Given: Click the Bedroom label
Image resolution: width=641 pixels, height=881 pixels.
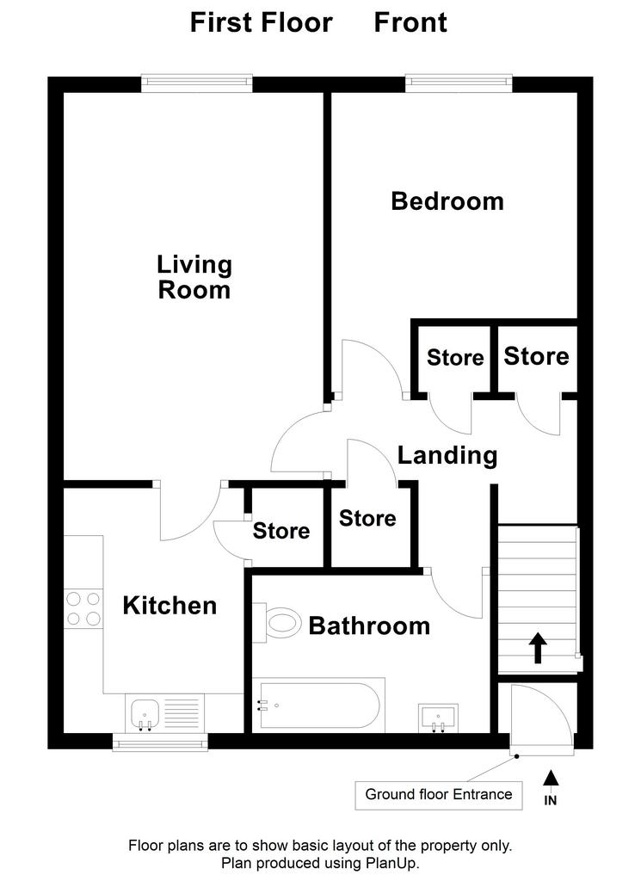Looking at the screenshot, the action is [447, 201].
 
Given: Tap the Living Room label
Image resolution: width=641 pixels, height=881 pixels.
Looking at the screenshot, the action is [194, 278].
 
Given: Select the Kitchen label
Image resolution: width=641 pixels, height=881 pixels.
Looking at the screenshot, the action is [169, 606].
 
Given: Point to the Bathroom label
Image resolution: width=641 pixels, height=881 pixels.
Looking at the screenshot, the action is [370, 626].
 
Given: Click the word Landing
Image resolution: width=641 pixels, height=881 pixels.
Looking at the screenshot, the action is [447, 455].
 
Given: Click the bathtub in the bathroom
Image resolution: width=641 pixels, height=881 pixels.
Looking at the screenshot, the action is [318, 705].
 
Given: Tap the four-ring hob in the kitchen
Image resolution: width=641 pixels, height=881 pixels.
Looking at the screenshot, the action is [83, 608].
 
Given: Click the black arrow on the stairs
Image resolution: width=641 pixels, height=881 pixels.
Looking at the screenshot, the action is [539, 648].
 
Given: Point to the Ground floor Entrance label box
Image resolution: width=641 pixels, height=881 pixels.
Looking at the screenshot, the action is [439, 794].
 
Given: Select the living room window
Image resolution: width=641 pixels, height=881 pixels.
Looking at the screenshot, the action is [197, 83].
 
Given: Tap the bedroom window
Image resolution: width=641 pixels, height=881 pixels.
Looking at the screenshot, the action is [459, 83].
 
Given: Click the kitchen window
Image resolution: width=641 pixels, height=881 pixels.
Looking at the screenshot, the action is [160, 742].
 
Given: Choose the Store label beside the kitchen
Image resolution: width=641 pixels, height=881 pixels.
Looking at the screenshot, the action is [280, 531].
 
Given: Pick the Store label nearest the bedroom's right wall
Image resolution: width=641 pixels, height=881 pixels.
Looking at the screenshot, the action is [536, 356].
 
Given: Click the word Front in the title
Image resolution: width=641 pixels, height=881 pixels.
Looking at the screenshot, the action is [410, 22].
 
